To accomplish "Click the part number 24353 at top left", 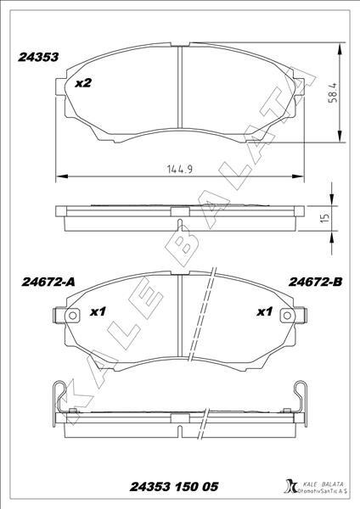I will pyautogui.click(x=38, y=59).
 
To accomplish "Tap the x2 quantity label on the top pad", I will pyautogui.click(x=83, y=83).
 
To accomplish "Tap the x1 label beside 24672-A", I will pyautogui.click(x=97, y=312).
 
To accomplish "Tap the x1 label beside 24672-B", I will pyautogui.click(x=264, y=312).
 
